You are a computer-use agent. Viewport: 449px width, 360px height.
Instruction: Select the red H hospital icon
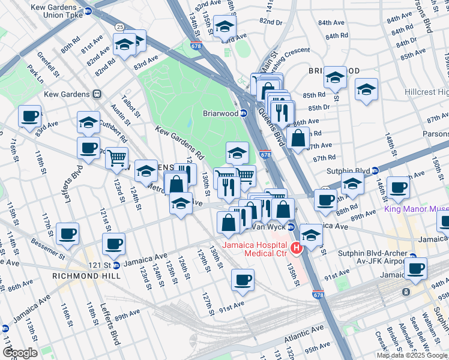tap(296, 247)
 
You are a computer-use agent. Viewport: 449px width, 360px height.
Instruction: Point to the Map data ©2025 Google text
tap(412, 355)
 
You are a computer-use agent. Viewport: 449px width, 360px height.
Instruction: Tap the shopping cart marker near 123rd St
tap(116, 158)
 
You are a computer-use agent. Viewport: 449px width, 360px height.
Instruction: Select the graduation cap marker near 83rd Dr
tap(224, 26)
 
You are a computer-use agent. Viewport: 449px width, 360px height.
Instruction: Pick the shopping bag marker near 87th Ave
tap(298, 138)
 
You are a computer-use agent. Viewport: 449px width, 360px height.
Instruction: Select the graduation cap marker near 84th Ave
tap(335, 77)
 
